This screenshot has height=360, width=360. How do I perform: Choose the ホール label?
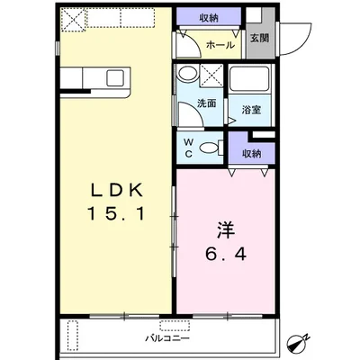tap(220, 44)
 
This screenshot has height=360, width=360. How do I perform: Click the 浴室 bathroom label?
tap(251, 111)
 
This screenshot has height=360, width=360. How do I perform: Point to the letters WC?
tap(189, 148)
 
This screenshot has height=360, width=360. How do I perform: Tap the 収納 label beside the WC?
tap(251, 152)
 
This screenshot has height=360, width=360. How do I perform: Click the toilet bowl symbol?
tap(211, 148)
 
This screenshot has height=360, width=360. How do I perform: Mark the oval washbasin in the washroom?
tap(188, 76)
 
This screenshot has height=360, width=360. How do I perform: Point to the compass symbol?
tap(321, 343)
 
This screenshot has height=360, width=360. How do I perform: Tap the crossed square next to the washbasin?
tap(213, 75)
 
